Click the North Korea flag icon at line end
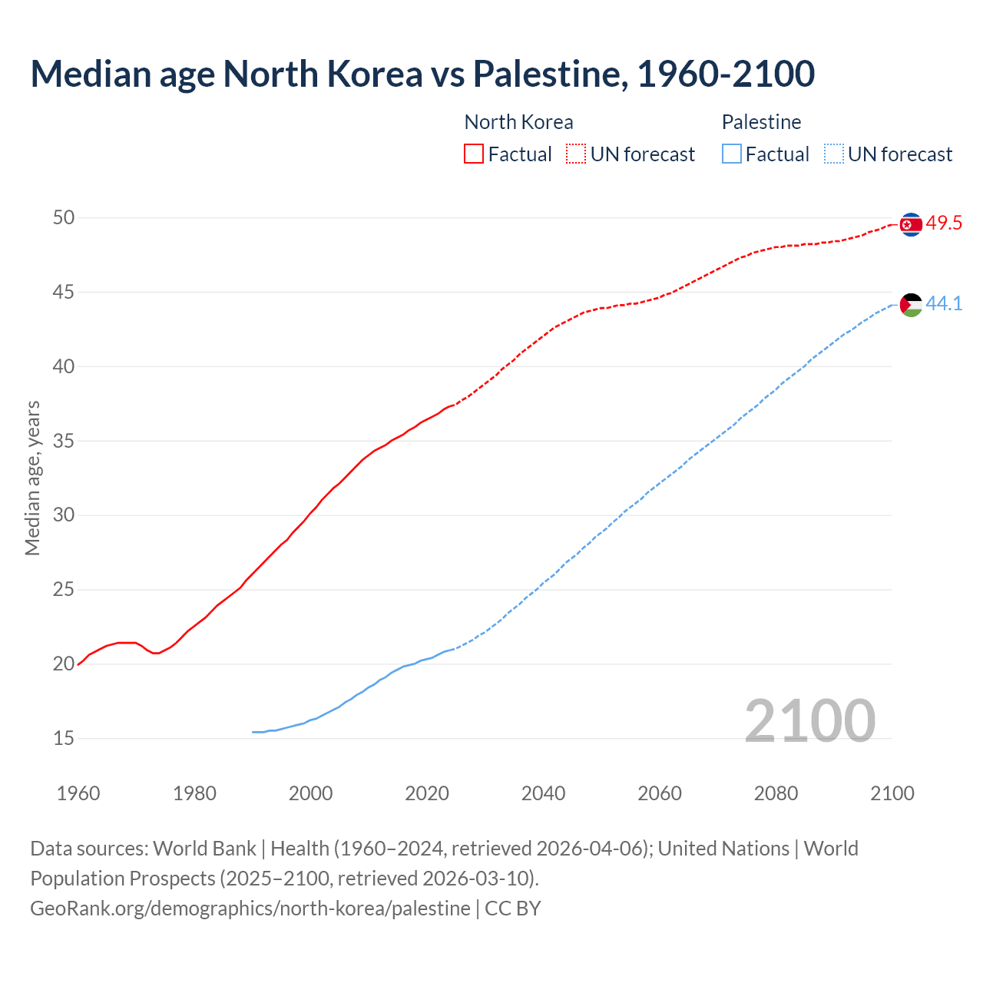pyautogui.click(x=911, y=224)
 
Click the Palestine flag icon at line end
pyautogui.click(x=911, y=305)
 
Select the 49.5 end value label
pyautogui.click(x=944, y=223)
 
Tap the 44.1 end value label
pyautogui.click(x=944, y=304)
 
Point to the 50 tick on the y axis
pyautogui.click(x=64, y=218)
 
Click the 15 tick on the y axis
pyautogui.click(x=64, y=739)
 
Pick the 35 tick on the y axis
pyautogui.click(x=64, y=442)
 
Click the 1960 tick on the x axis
pyautogui.click(x=78, y=793)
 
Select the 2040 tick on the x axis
pyautogui.click(x=543, y=793)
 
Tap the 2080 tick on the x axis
pyautogui.click(x=776, y=793)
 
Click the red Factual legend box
pyautogui.click(x=474, y=154)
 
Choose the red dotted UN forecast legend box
pyautogui.click(x=576, y=154)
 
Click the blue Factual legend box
pyautogui.click(x=732, y=154)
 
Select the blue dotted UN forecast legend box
pyautogui.click(x=833, y=154)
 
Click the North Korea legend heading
pyautogui.click(x=518, y=122)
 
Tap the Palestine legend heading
pyautogui.click(x=761, y=122)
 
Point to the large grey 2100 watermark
pyautogui.click(x=809, y=720)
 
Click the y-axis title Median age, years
pyautogui.click(x=32, y=478)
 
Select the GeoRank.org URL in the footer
pyautogui.click(x=250, y=909)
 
